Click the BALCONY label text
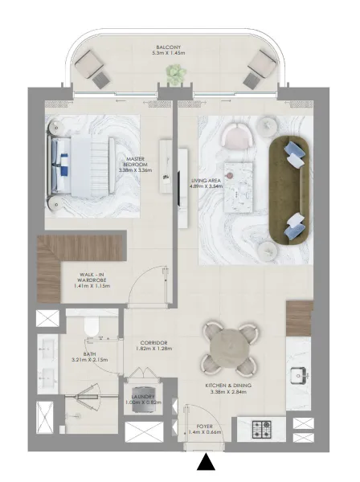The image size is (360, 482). click(167, 48)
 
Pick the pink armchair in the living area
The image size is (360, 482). click(239, 136)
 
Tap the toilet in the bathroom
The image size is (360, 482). click(92, 326)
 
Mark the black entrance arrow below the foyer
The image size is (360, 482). click(207, 464)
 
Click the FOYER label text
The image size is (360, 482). click(205, 427)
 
